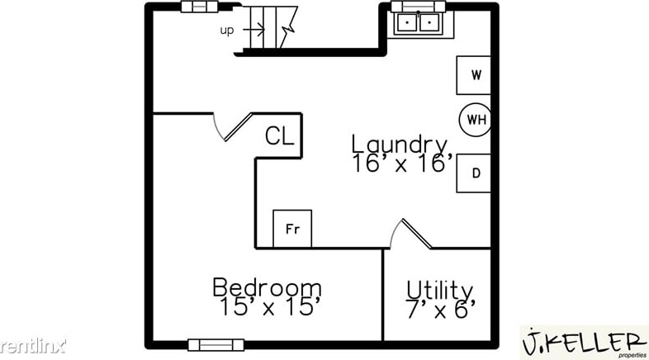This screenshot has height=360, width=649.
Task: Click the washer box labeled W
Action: click(475, 75)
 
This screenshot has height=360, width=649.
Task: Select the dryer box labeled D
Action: click(475, 173)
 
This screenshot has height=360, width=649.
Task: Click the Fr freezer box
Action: click(292, 229)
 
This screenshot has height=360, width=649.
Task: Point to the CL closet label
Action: click(279, 136)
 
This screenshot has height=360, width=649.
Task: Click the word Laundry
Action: click(400, 144)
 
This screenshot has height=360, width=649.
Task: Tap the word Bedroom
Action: click(267, 288)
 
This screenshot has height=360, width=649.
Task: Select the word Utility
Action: click(440, 290)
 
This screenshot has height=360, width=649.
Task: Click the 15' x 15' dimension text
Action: click(267, 308)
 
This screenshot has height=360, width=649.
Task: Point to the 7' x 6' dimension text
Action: click(441, 310)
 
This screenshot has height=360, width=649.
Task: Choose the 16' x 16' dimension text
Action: click(402, 163)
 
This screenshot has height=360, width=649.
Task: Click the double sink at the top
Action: click(418, 22)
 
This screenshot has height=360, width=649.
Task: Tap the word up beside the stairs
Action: click(227, 31)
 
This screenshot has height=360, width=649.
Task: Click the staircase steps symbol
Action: click(272, 26)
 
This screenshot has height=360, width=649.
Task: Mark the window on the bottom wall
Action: click(215, 345)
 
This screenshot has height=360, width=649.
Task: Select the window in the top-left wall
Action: click(199, 7)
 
